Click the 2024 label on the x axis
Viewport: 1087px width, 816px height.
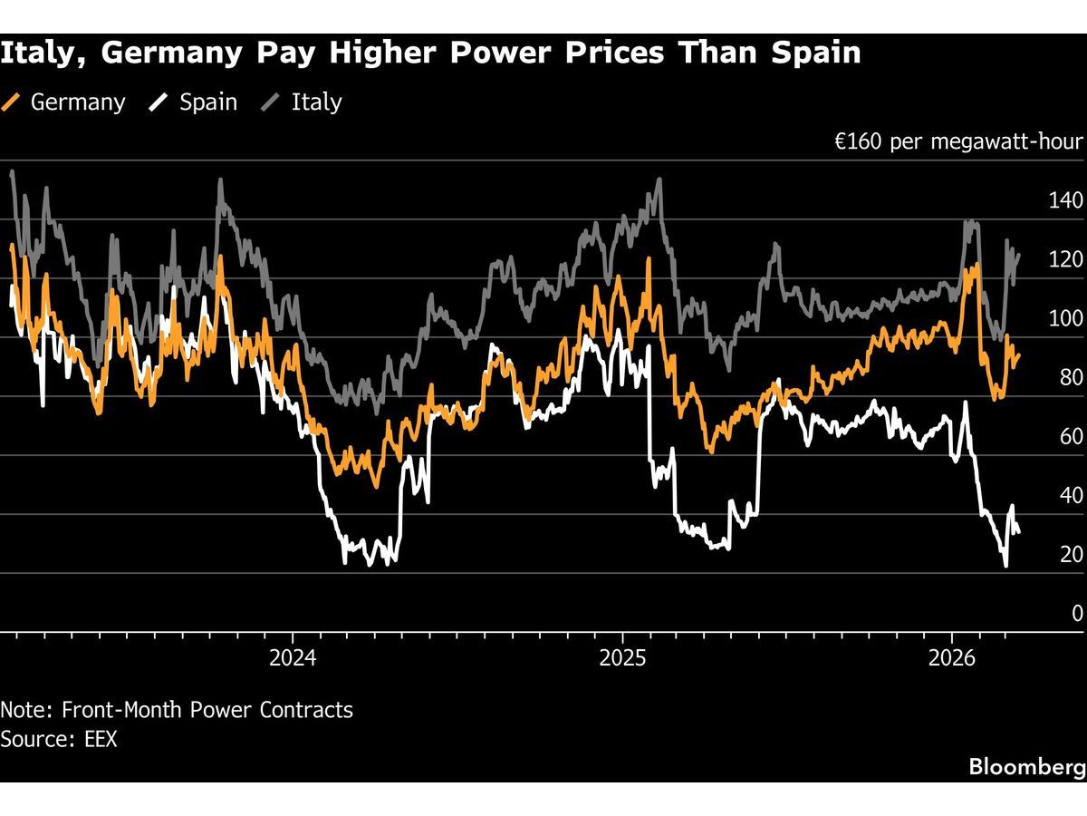click(293, 659)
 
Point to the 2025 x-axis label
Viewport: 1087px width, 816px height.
click(622, 659)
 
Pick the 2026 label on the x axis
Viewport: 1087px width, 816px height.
click(952, 659)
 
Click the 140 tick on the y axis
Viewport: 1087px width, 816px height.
click(1065, 200)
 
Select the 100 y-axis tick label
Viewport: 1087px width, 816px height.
click(1065, 318)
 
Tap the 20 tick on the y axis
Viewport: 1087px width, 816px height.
click(1072, 554)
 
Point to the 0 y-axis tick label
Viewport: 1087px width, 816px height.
click(1077, 613)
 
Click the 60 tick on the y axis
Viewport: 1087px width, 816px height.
click(1072, 436)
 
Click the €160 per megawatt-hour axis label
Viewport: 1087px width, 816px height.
click(957, 142)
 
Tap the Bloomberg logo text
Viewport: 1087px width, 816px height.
click(1026, 767)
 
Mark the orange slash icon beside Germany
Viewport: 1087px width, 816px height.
click(12, 102)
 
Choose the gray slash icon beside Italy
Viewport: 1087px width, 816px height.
click(270, 102)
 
